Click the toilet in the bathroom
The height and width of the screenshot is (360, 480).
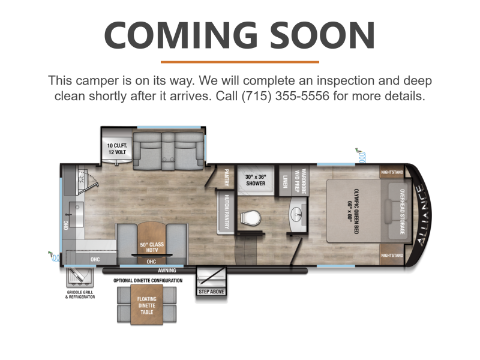(x=250, y=218)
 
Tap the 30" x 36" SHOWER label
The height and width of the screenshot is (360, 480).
(x=256, y=180)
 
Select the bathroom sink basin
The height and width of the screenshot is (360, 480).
(x=296, y=212)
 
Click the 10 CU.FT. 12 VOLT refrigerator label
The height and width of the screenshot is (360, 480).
(x=117, y=148)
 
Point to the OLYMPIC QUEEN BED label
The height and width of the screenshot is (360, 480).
(x=353, y=211)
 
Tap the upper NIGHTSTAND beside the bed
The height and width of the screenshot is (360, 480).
(x=392, y=172)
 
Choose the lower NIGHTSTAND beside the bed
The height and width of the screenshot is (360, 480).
(x=392, y=255)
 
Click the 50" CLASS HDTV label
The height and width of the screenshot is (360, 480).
(x=152, y=247)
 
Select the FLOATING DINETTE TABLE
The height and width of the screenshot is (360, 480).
(x=146, y=305)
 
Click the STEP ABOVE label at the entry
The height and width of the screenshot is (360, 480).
(x=211, y=292)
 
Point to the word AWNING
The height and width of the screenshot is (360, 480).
(x=167, y=271)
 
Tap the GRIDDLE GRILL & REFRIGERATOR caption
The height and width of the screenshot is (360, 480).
(x=80, y=295)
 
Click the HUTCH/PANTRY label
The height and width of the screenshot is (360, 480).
(x=227, y=212)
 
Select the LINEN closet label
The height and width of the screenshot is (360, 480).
(x=285, y=181)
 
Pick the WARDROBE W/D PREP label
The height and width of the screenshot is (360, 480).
(x=301, y=181)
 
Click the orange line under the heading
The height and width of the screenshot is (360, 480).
(x=240, y=62)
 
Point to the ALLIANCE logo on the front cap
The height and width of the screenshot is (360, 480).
(x=423, y=215)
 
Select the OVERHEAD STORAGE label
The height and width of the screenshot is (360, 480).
(x=402, y=212)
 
